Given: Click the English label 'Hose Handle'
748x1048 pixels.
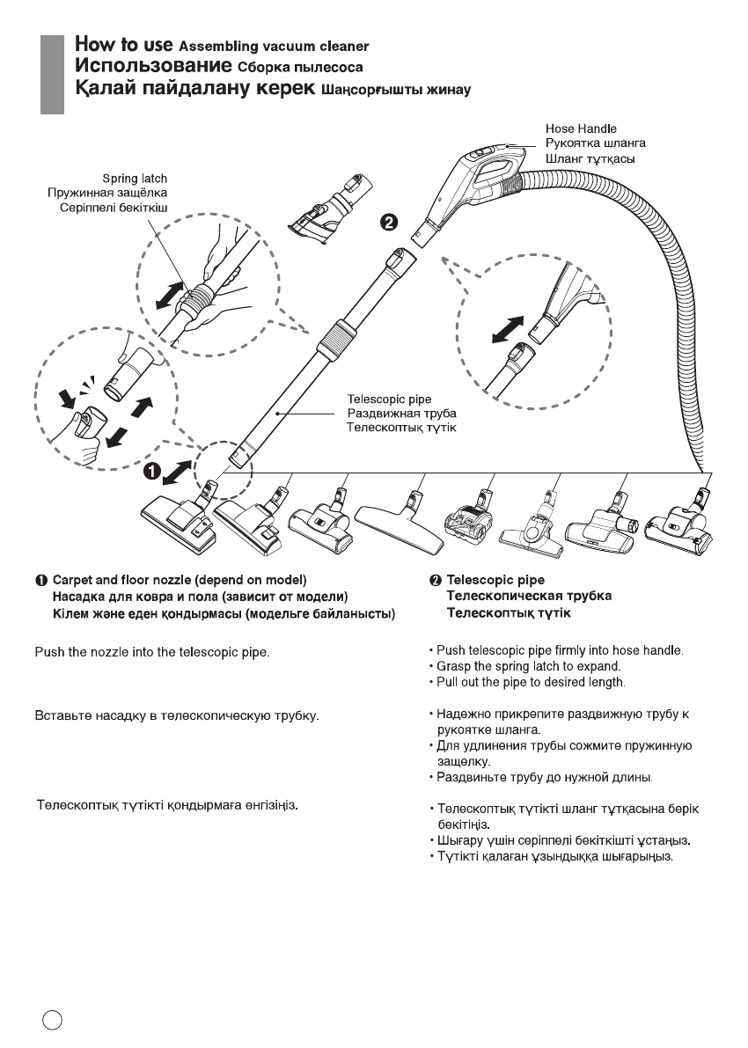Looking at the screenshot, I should [x=581, y=128].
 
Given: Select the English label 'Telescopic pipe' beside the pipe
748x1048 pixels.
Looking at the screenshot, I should [x=388, y=399].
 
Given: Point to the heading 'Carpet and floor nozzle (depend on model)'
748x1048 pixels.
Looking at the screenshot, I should [x=180, y=581].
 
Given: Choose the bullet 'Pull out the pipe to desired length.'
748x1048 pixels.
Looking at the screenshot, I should [x=526, y=683].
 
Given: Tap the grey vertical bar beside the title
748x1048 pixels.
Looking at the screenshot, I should [x=54, y=74].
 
